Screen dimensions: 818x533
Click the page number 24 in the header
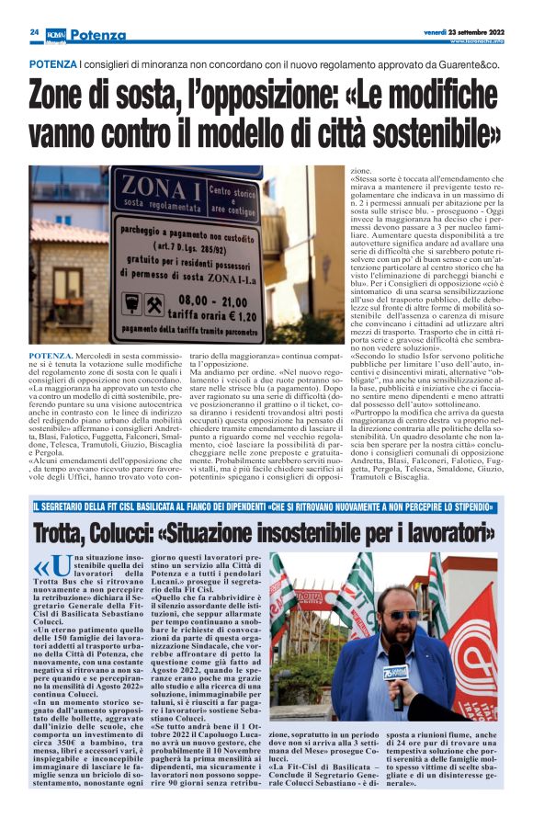tap(34, 31)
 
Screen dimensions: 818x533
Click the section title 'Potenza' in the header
tap(96, 35)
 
